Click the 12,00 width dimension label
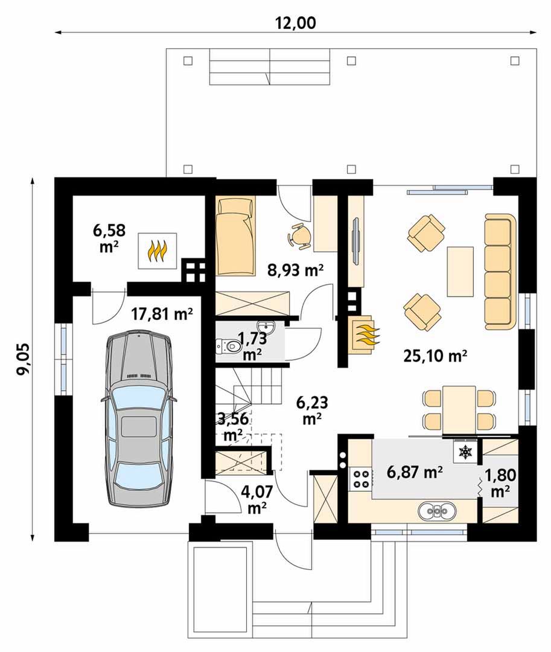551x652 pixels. pyautogui.click(x=296, y=23)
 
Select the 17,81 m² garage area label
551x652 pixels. pyautogui.click(x=162, y=314)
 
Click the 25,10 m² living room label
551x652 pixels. pyautogui.click(x=435, y=356)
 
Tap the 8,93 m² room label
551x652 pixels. pyautogui.click(x=296, y=270)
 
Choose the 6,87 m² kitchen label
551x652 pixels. pyautogui.click(x=414, y=472)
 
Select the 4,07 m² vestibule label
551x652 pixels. pyautogui.click(x=257, y=499)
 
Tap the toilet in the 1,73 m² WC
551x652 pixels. pyautogui.click(x=229, y=345)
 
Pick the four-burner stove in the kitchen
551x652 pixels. pyautogui.click(x=360, y=478)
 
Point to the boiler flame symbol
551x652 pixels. pyautogui.click(x=158, y=251)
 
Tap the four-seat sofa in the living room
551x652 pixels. pyautogui.click(x=500, y=272)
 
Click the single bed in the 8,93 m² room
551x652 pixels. pyautogui.click(x=235, y=237)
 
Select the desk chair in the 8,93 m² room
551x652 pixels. pyautogui.click(x=299, y=236)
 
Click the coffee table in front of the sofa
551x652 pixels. pyautogui.click(x=460, y=272)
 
